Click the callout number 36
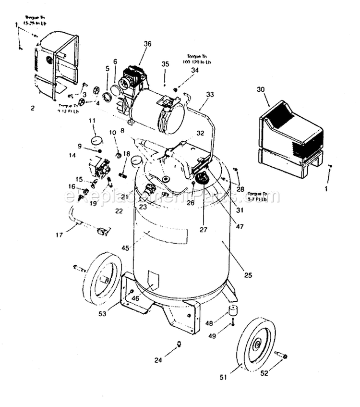point(147,44)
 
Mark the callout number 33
point(210,95)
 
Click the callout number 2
point(33,108)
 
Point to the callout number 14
point(72,155)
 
